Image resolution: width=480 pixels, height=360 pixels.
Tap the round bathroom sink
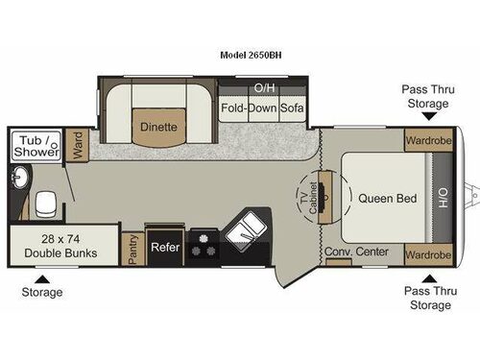pos(21,179)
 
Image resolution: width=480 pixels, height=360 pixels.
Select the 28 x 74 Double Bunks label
pos(46,245)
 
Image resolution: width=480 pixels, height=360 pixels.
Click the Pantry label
pos(132,248)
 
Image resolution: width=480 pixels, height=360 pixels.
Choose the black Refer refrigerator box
pos(164,247)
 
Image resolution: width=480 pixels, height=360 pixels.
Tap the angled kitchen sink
pos(247,229)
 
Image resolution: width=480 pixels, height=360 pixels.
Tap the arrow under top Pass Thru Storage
pos(425,115)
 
